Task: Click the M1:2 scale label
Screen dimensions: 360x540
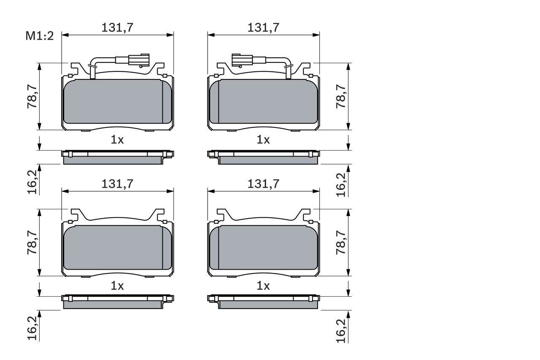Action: coord(40,36)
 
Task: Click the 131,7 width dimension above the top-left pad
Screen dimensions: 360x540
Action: coord(117,27)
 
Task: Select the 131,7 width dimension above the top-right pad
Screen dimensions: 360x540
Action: coord(263,27)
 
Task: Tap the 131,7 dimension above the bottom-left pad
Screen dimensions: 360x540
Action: coord(117,184)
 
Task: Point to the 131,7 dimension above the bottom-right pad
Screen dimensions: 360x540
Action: coord(263,184)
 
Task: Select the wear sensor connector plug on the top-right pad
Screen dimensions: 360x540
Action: coord(242,60)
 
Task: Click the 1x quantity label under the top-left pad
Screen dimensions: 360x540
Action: coord(117,140)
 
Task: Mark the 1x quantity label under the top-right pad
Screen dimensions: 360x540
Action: coord(263,140)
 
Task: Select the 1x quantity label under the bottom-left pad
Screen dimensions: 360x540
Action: coord(117,286)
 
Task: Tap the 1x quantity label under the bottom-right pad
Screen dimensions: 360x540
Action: coord(263,286)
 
